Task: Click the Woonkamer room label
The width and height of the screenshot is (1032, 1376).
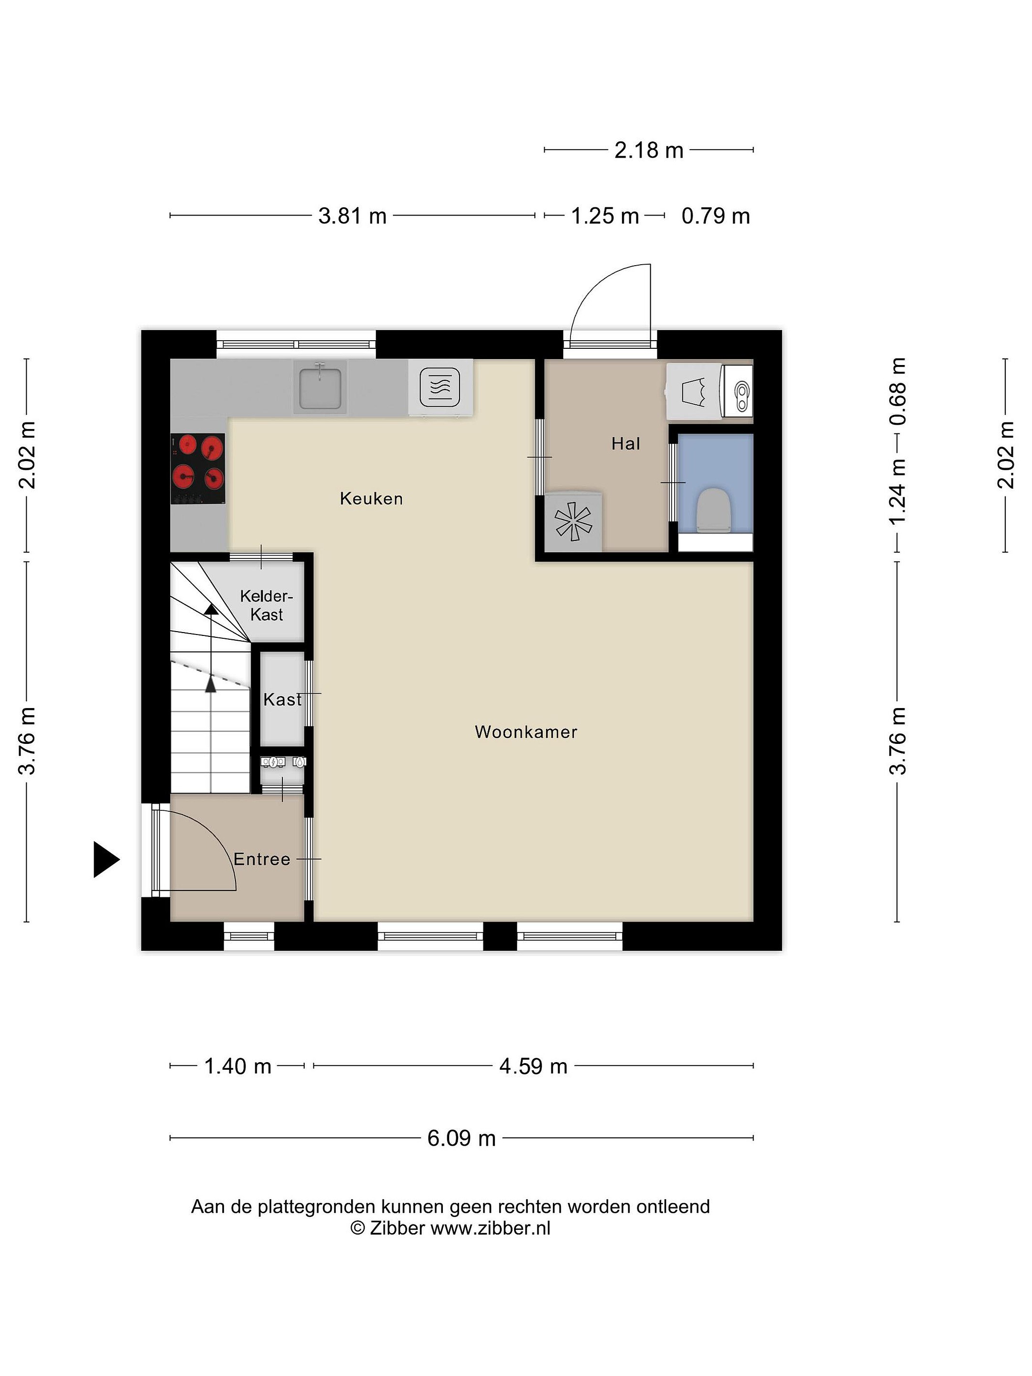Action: [526, 731]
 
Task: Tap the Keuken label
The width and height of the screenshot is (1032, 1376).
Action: [371, 498]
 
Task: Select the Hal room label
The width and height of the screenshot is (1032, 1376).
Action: [626, 443]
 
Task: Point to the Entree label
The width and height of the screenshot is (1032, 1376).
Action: [262, 859]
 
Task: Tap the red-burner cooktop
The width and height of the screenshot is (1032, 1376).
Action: [198, 468]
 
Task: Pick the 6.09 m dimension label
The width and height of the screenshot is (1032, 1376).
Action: [462, 1139]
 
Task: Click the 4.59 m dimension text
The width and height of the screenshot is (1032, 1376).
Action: [533, 1066]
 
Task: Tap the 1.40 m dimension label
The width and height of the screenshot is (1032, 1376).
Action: [237, 1066]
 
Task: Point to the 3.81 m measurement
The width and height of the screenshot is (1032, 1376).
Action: [352, 216]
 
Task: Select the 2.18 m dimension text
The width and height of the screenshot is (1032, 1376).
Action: [649, 150]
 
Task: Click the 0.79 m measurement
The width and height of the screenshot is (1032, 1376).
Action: [715, 216]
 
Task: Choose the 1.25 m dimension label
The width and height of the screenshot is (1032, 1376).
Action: [605, 216]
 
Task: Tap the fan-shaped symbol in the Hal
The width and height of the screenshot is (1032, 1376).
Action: [573, 521]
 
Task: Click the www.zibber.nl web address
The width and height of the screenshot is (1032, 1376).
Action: [490, 1228]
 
